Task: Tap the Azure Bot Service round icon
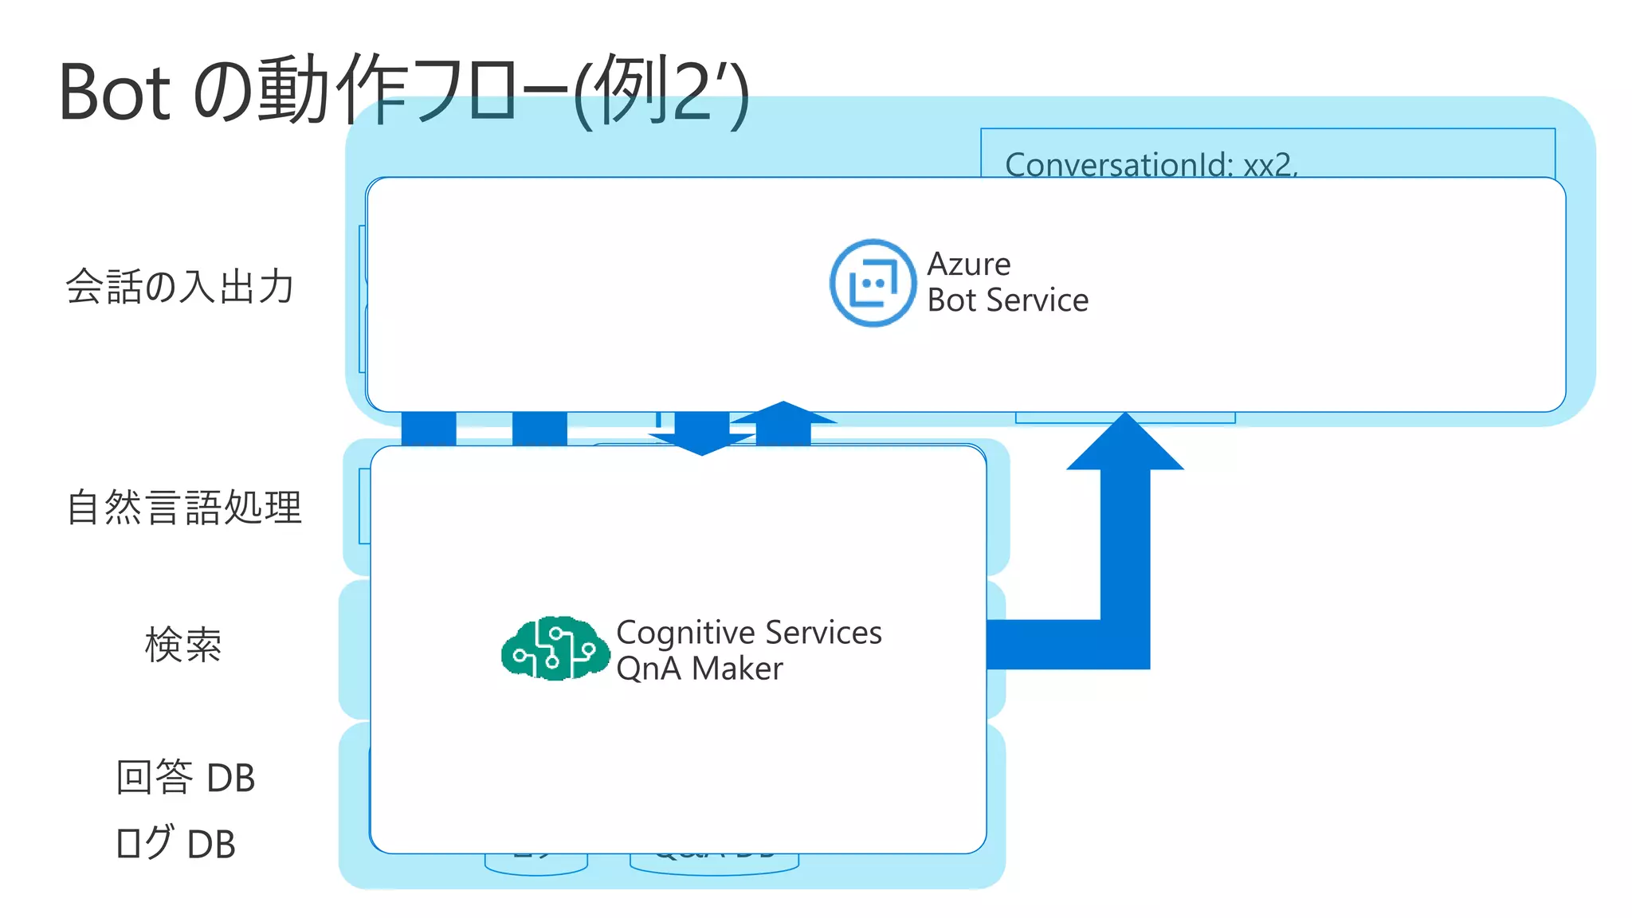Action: pyautogui.click(x=873, y=283)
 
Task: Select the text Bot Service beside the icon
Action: pyautogui.click(x=1007, y=300)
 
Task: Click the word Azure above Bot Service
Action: pyautogui.click(x=968, y=264)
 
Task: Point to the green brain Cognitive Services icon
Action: pyautogui.click(x=554, y=649)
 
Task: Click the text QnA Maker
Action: pyautogui.click(x=699, y=669)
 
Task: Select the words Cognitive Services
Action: pyautogui.click(x=748, y=632)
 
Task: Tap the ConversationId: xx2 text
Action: pyautogui.click(x=1150, y=164)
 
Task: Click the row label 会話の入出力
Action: pyautogui.click(x=180, y=286)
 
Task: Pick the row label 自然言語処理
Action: pyautogui.click(x=184, y=508)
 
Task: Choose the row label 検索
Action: pyautogui.click(x=183, y=645)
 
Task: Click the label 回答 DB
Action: pyautogui.click(x=185, y=778)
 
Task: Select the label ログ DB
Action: pyautogui.click(x=175, y=843)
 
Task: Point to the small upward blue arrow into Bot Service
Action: pyautogui.click(x=783, y=418)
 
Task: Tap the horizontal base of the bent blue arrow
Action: pyautogui.click(x=1044, y=644)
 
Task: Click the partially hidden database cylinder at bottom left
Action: pyautogui.click(x=535, y=864)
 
